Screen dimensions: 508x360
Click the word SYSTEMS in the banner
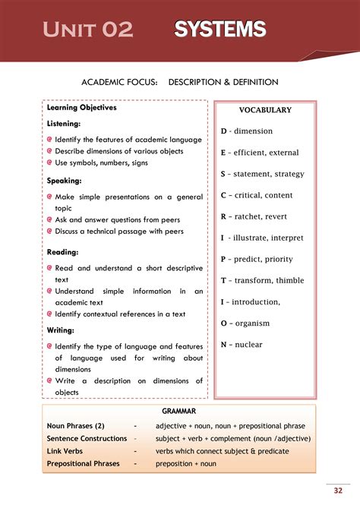point(220,30)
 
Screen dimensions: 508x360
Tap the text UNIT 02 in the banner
point(87,30)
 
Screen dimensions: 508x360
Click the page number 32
point(339,490)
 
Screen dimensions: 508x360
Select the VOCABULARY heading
point(265,110)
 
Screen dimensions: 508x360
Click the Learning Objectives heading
point(82,108)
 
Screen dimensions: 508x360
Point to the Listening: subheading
point(64,124)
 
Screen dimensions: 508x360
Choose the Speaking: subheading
point(65,181)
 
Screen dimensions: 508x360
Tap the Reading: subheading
point(63,251)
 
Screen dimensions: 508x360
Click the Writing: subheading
point(61,330)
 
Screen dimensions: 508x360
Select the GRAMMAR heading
point(178,411)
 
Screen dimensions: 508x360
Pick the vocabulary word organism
point(252,323)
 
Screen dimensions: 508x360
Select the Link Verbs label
point(65,451)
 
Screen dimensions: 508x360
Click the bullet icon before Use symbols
point(49,162)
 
